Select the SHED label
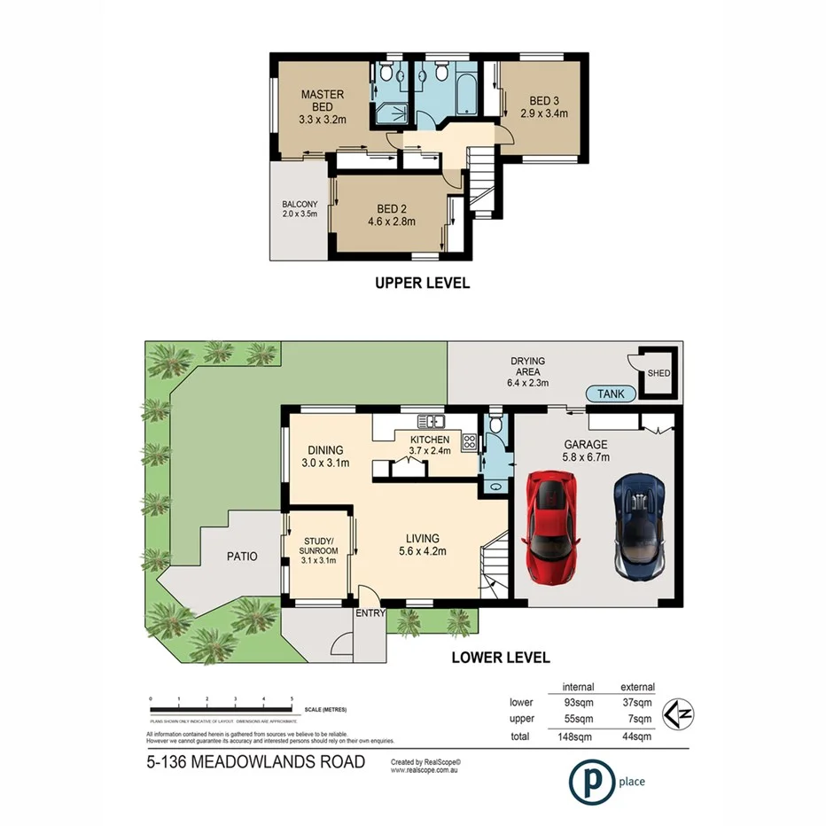pos(659,373)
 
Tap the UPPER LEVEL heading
pos(422,284)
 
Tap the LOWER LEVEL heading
pos(501,658)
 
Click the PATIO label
pos(241,557)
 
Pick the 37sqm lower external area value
pos(638,703)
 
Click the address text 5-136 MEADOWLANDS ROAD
pos(255,762)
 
